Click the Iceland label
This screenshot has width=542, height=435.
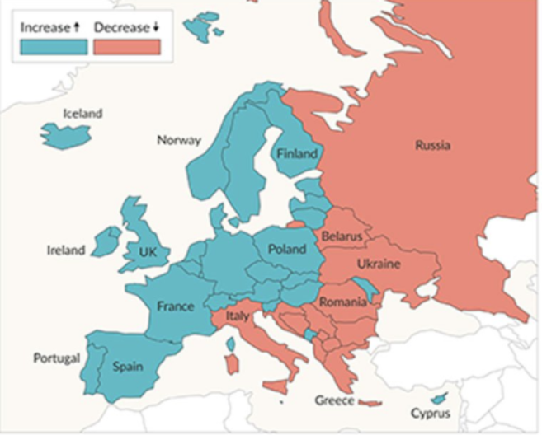click(x=82, y=114)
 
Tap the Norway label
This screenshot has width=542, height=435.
click(x=178, y=140)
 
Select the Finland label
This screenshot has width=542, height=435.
click(x=297, y=153)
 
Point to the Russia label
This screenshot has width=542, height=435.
click(x=432, y=146)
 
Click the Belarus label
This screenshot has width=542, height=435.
click(x=342, y=236)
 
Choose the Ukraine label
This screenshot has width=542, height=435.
click(x=379, y=264)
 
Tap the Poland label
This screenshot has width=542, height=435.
click(x=286, y=249)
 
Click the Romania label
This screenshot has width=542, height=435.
click(x=342, y=302)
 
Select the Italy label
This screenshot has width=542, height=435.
click(x=238, y=316)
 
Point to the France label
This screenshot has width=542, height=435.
click(x=176, y=306)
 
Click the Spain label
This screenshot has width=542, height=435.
click(x=128, y=367)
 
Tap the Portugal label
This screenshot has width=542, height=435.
click(x=56, y=358)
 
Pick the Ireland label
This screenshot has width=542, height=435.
click(x=66, y=250)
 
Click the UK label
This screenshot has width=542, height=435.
click(x=148, y=251)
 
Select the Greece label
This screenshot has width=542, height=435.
click(x=334, y=401)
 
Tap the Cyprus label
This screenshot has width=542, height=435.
click(x=431, y=413)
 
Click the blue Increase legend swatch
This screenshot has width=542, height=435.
click(x=54, y=47)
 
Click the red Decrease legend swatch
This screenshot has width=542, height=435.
click(x=126, y=47)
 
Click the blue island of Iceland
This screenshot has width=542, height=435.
click(x=64, y=135)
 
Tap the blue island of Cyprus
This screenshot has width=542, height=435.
click(x=438, y=399)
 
